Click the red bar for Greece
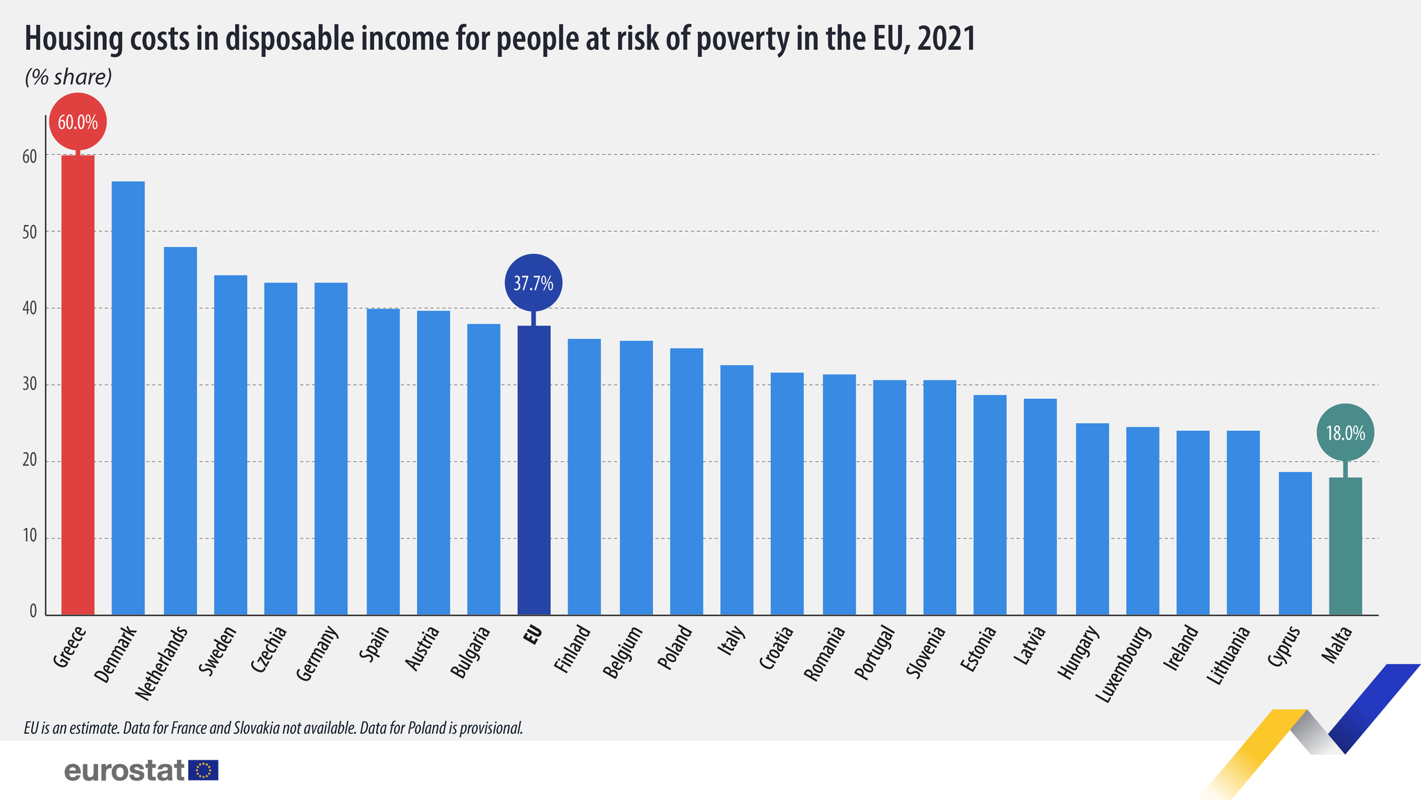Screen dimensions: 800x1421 pyautogui.click(x=78, y=385)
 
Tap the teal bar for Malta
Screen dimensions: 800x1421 pyautogui.click(x=1345, y=546)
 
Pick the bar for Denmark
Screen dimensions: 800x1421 pyautogui.click(x=128, y=398)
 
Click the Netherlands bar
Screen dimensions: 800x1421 pyautogui.click(x=180, y=431)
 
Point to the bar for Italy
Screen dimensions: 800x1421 pyautogui.click(x=737, y=490)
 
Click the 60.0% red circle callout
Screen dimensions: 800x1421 pyautogui.click(x=78, y=122)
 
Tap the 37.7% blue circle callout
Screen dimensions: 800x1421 pyautogui.click(x=534, y=283)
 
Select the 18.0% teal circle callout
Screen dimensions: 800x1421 pyautogui.click(x=1345, y=433)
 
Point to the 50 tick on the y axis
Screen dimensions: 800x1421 pyautogui.click(x=29, y=232)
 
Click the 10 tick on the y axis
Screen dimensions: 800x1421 pyautogui.click(x=29, y=538)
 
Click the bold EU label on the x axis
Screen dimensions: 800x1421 pyautogui.click(x=533, y=636)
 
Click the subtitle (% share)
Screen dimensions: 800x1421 pyautogui.click(x=68, y=77)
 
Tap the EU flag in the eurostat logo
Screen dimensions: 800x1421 pyautogui.click(x=203, y=770)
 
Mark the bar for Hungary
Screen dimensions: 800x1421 pyautogui.click(x=1092, y=519)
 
